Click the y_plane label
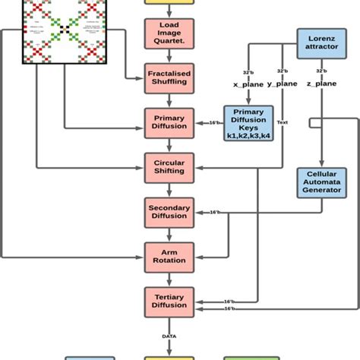pos(282,83)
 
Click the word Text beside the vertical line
pos(283,122)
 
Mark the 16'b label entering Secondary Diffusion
pos(214,213)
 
